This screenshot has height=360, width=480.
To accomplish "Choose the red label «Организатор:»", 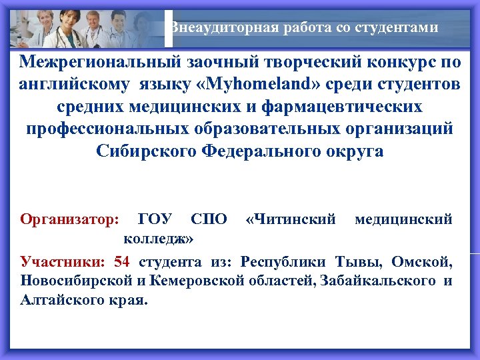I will (x=70, y=219).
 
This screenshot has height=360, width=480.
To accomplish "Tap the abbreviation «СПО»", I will (x=209, y=219).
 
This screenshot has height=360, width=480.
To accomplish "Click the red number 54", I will (x=123, y=261).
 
